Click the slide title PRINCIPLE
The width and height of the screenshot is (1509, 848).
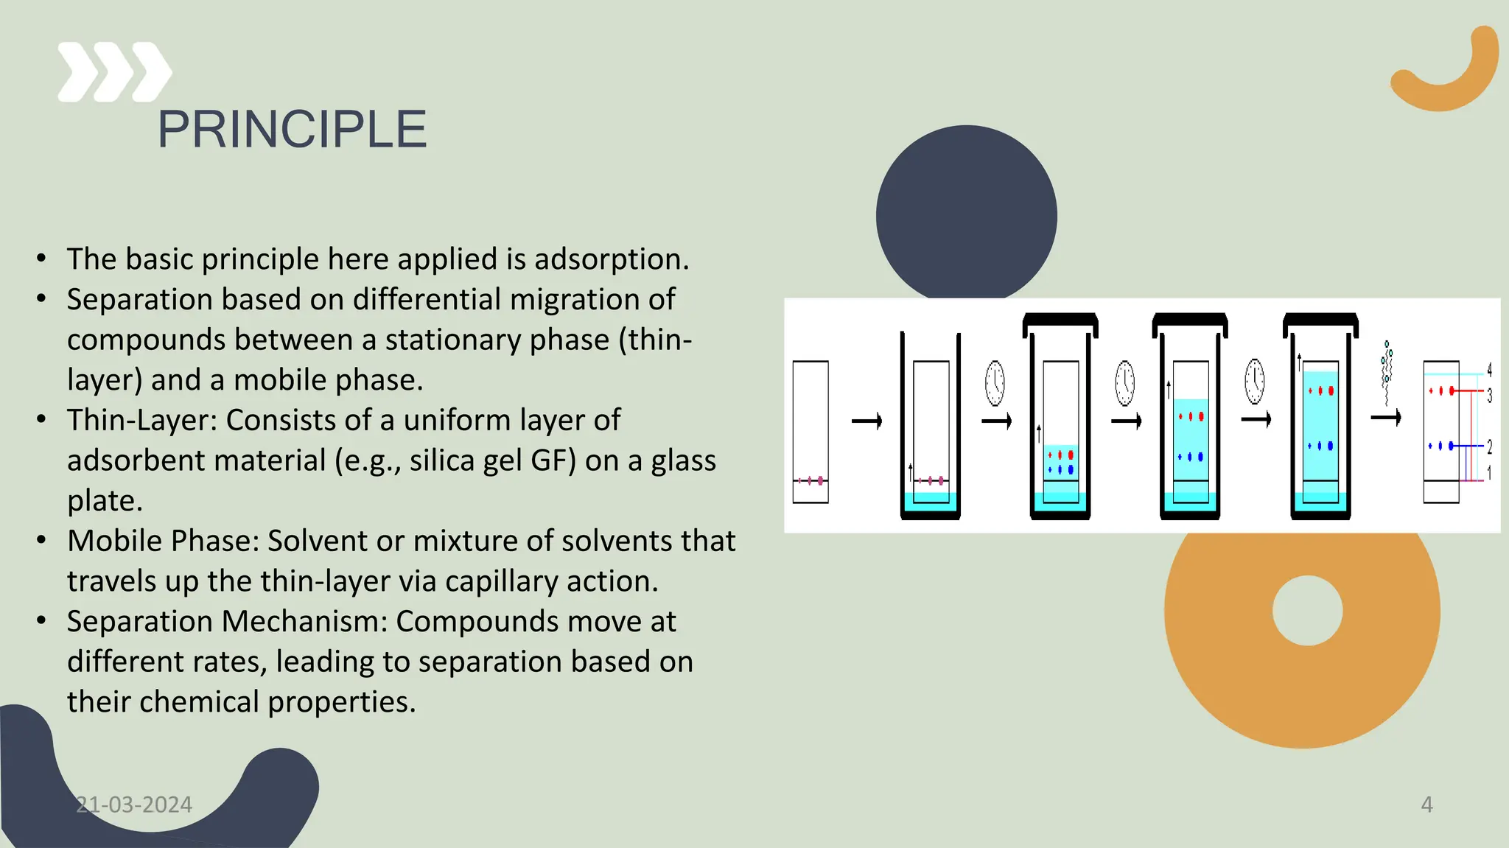tap(292, 130)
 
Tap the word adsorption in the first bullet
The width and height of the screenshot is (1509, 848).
tap(612, 259)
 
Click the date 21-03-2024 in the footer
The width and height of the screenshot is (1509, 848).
tap(134, 805)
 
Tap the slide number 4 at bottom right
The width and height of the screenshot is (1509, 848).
tap(1426, 805)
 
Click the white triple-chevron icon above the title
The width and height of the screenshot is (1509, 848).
tap(114, 72)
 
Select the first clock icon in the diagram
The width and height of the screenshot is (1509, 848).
tap(995, 383)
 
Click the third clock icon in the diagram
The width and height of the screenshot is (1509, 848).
tap(1255, 382)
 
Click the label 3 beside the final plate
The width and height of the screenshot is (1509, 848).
tap(1489, 396)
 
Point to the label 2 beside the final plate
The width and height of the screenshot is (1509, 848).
tap(1489, 447)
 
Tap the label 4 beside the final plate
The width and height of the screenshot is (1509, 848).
tap(1489, 370)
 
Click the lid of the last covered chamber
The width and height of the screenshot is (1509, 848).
tap(1320, 320)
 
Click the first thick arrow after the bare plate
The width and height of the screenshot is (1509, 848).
tap(866, 421)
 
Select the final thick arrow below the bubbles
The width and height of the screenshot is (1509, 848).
tap(1385, 418)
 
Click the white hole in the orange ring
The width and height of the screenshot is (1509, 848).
tap(1307, 611)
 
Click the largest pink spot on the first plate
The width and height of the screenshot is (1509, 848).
tap(820, 481)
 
